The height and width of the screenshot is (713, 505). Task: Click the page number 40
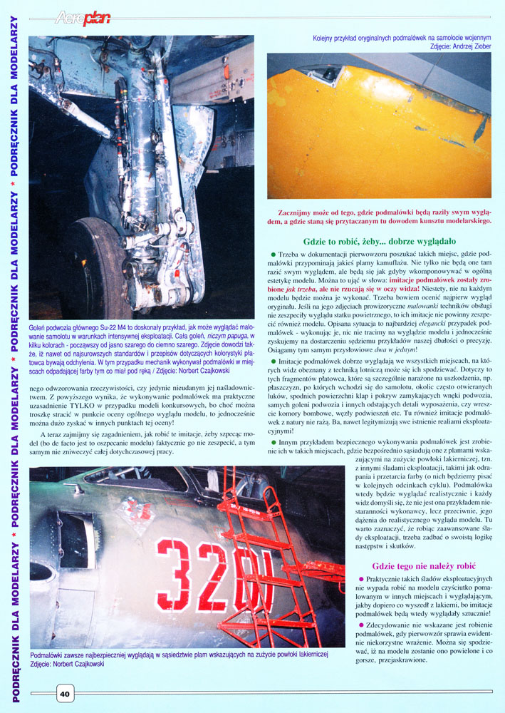coord(64,693)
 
